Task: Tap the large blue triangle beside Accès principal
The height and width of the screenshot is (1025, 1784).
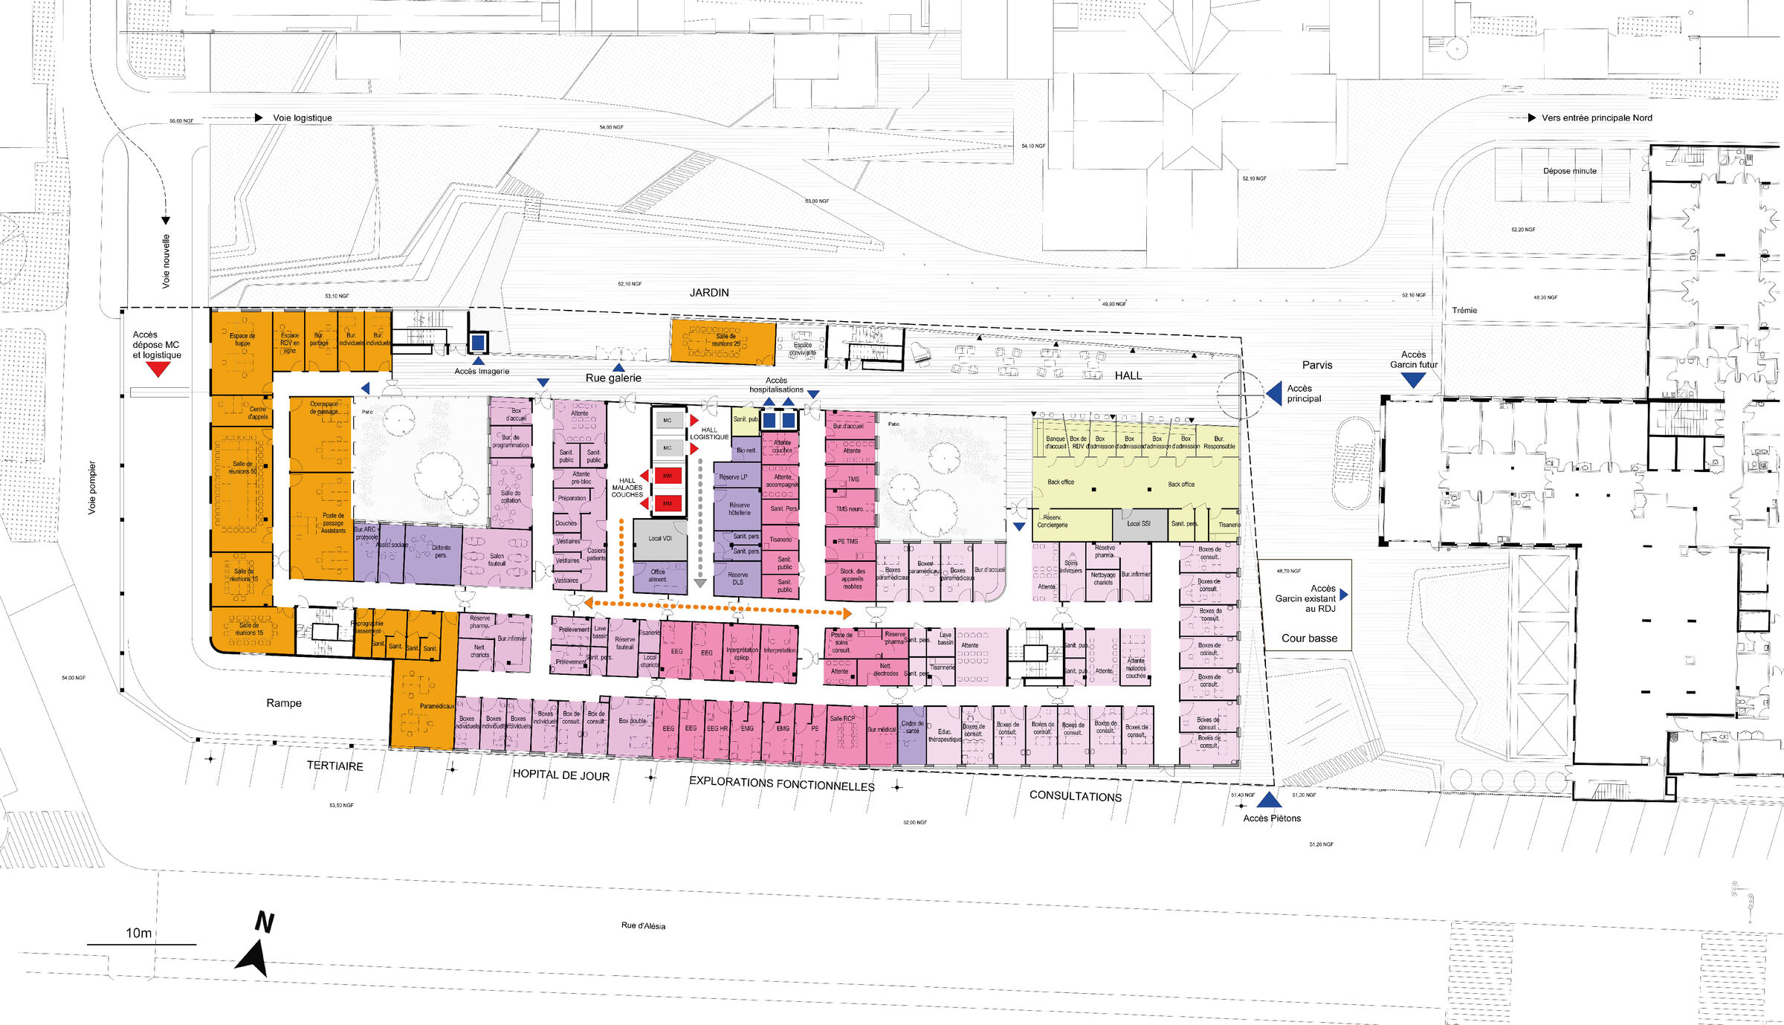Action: pos(1275,393)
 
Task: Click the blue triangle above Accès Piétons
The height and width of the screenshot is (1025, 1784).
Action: pos(1269,801)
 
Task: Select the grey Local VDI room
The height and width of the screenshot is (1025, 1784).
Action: pos(659,539)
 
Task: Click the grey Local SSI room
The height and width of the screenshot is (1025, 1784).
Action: pos(1138,524)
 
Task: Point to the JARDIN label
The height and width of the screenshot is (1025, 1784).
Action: pos(709,293)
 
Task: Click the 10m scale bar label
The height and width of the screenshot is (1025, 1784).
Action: pos(138,933)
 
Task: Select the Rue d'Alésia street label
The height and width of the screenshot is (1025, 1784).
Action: pos(643,925)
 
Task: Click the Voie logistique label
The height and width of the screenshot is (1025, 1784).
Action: pos(302,117)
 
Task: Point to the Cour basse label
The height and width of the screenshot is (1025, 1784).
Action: pos(1309,638)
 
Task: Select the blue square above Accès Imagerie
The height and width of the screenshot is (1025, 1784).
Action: pos(478,343)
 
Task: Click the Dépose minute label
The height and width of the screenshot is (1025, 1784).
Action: pos(1569,171)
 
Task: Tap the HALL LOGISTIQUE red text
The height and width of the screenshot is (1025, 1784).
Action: pos(709,433)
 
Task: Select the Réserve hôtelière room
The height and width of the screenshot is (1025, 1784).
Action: pos(739,509)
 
